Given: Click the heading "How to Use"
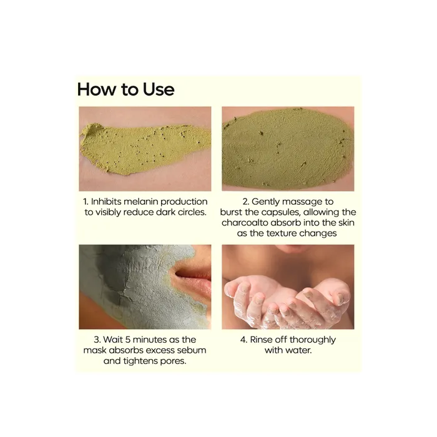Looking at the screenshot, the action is (x=125, y=89).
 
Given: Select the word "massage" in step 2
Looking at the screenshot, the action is (x=288, y=202).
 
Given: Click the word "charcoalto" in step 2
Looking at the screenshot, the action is (x=245, y=223).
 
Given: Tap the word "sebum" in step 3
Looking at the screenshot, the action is (x=192, y=350).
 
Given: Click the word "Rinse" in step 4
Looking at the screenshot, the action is (x=261, y=340).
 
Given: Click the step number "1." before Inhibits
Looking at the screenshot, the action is (x=86, y=202).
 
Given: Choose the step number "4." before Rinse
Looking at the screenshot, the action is (x=243, y=340).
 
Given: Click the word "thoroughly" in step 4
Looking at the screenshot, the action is (x=312, y=340).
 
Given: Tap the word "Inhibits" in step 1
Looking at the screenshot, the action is (x=106, y=202).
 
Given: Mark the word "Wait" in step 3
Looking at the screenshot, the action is (x=112, y=340).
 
